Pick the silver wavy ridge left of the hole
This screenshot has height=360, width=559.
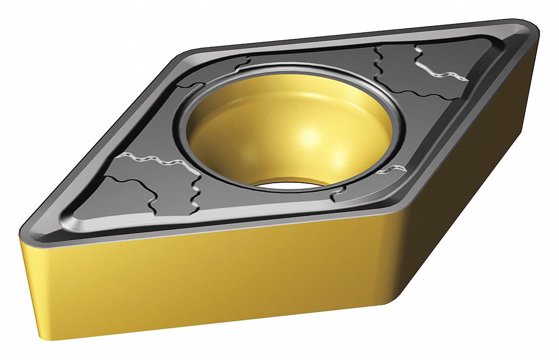pyautogui.click(x=149, y=161)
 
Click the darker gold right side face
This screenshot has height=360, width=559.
pyautogui.click(x=472, y=189)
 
